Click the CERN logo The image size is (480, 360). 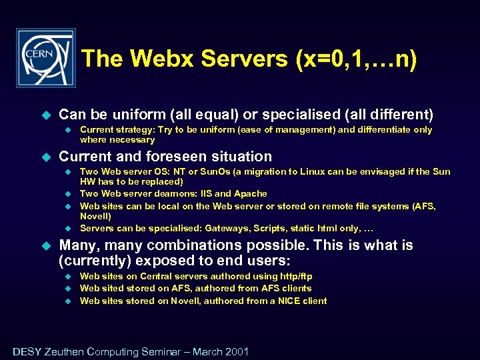point(46,58)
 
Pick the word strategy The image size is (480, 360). point(136,130)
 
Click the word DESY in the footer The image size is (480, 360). point(27,351)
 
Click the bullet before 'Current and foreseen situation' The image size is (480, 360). point(46,157)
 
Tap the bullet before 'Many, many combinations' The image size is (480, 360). point(46,245)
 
